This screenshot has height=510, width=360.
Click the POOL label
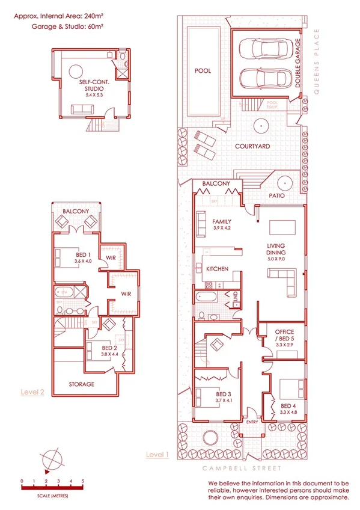click(203, 71)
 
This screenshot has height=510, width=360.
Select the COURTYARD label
click(252, 146)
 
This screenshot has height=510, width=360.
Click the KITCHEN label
click(216, 269)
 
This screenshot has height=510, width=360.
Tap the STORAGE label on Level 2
click(81, 384)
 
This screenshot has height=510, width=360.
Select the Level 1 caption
click(157, 455)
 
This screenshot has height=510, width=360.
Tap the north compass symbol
click(52, 458)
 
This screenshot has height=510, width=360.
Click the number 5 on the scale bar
click(83, 481)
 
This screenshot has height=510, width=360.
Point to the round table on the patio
click(282, 182)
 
